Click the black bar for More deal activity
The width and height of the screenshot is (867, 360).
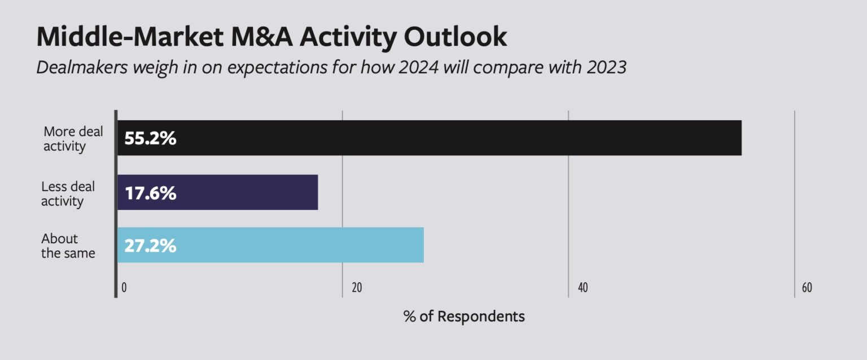[429, 138]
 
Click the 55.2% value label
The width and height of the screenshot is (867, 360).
[150, 138]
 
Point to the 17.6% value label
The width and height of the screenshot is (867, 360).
[150, 193]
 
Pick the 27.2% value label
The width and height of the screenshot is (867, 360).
[150, 246]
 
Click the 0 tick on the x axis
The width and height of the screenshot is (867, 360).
[124, 288]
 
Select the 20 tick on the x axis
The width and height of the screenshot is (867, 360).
[356, 288]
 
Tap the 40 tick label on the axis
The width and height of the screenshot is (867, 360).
[583, 288]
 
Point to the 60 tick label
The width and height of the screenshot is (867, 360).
[807, 288]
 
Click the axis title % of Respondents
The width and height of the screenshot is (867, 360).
[464, 316]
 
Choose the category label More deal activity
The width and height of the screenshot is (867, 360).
[73, 139]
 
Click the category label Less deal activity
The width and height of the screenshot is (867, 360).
[68, 194]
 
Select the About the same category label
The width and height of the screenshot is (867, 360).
[68, 246]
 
